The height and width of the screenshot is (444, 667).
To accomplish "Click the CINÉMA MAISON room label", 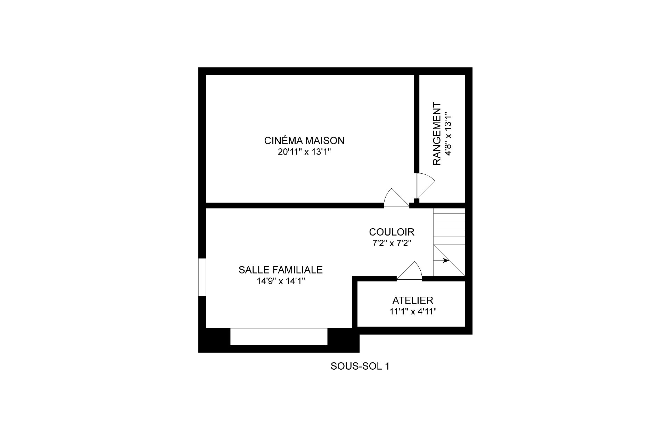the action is coord(304,141).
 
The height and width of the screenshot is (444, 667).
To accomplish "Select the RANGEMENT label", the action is coord(437,134).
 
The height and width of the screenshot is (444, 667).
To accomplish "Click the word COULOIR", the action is coord(392,232).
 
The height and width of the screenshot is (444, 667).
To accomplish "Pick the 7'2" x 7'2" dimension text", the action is coord(392,244).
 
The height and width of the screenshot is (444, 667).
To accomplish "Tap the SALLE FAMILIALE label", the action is coord(281,270).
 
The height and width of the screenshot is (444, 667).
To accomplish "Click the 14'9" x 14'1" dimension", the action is coord(281,281).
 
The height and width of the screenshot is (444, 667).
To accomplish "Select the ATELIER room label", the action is coord(413,301).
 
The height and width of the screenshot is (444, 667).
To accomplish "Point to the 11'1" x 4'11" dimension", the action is coord(413,312).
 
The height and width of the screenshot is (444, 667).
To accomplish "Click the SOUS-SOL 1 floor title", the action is coord(360,366).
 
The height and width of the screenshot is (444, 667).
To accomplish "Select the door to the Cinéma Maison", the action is coord(396,197).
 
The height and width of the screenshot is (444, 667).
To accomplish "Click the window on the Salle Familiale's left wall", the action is coord(202,277).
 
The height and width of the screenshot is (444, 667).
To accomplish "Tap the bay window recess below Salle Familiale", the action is coord(279,336).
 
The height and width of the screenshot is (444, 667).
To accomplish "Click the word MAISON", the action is coord(325,141).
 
